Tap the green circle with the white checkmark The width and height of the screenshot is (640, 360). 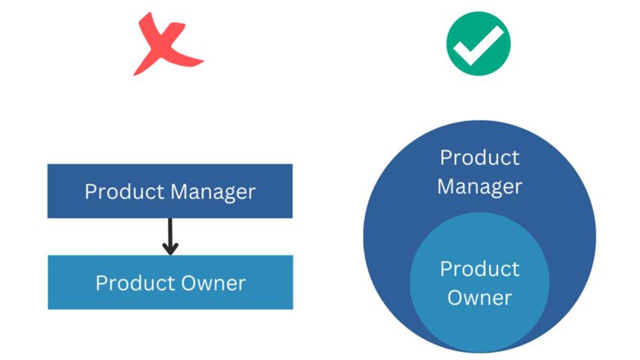click(478, 43)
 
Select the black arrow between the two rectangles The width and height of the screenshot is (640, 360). click(170, 235)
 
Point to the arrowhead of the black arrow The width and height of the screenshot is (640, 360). click(170, 248)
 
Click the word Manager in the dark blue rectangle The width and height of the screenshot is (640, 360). click(213, 192)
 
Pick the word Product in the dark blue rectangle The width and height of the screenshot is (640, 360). click(124, 191)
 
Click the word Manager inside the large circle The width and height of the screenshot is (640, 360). click(479, 187)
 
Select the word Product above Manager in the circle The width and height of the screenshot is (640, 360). click(479, 158)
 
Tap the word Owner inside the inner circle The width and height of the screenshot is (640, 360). click(479, 298)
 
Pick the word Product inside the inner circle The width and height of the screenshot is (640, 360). click(479, 269)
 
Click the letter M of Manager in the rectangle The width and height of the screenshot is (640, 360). click(178, 191)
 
